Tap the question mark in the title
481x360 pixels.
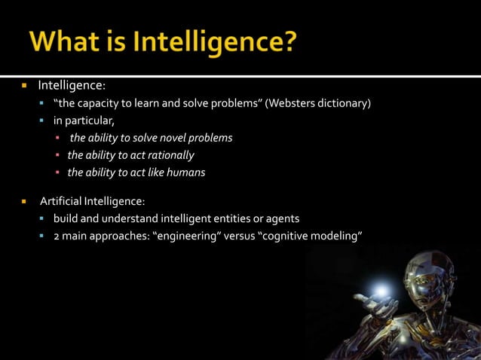[x=286, y=41]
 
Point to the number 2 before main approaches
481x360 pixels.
[x=56, y=236]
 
